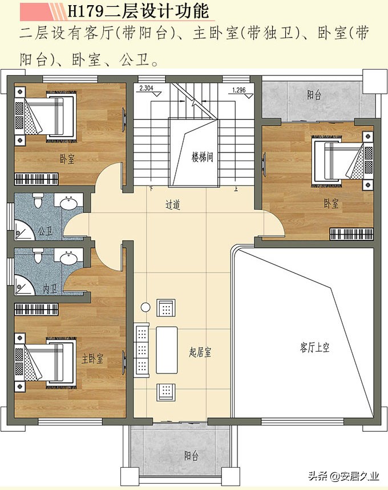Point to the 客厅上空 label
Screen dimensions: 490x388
(x=314, y=347)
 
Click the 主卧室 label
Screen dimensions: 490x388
(x=92, y=359)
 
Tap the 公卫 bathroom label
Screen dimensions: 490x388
(x=45, y=232)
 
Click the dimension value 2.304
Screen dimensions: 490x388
(x=147, y=89)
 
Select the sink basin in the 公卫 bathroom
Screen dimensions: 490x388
(x=69, y=203)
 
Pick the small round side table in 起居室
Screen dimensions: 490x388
(x=145, y=308)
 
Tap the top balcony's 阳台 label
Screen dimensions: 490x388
(x=313, y=95)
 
